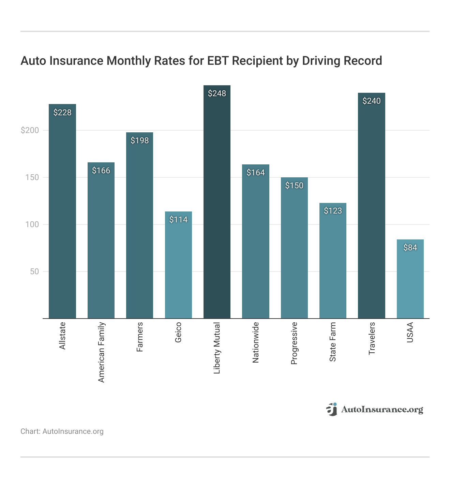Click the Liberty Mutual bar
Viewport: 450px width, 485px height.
217,205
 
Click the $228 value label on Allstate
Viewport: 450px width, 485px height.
62,113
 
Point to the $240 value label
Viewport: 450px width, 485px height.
371,101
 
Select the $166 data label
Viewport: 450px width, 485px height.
101,171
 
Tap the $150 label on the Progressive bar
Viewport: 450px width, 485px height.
294,186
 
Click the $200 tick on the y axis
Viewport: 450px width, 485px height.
30,130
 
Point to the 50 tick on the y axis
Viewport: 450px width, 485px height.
34,271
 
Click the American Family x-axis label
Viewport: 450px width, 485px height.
101,352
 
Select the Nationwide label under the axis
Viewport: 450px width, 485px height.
256,342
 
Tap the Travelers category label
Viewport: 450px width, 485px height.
372,338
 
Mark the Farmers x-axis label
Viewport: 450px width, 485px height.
140,337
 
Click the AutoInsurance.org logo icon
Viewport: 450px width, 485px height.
331,409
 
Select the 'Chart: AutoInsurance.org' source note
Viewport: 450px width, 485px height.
62,431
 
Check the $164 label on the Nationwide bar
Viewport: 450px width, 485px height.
255,173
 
